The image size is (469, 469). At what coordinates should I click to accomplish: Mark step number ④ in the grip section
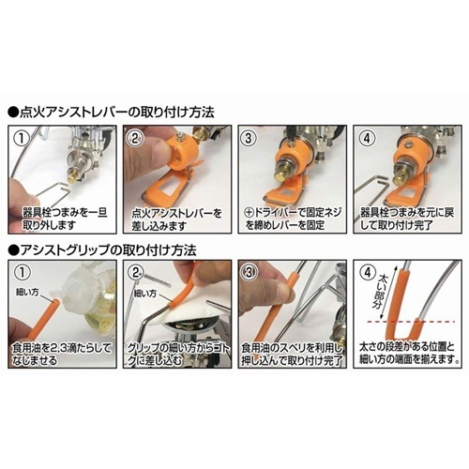coord(366,275)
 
